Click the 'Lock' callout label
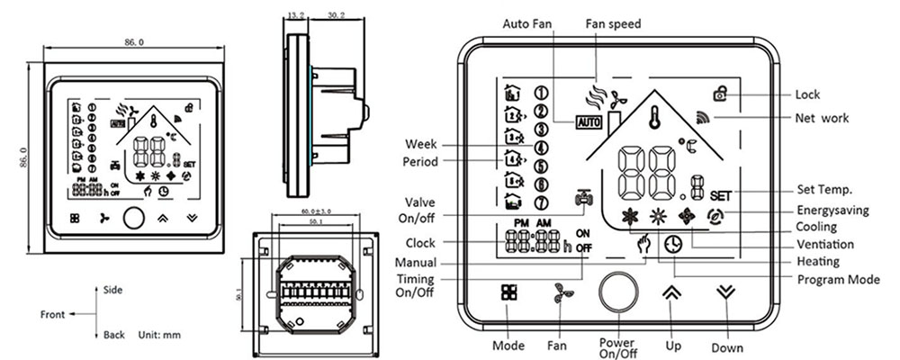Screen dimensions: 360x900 coord(808,94)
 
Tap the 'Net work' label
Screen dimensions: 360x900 coord(822,118)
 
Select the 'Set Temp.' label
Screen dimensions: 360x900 coord(823,190)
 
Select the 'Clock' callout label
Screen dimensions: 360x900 coord(420,243)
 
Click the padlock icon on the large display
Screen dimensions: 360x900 coord(719,93)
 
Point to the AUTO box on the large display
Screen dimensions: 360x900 coord(589,121)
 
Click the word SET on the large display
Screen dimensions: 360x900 coord(720,194)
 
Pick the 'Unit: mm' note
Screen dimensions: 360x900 coord(159,335)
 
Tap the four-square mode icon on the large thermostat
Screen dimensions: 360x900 coord(509,294)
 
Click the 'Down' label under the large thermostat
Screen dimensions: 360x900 coord(727,348)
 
